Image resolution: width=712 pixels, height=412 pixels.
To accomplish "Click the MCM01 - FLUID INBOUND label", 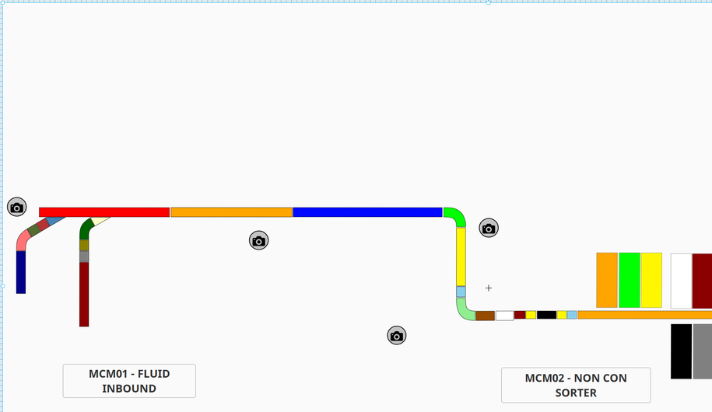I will tap(129, 381).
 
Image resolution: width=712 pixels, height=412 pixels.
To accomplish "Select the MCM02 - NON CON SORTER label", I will tap(576, 385).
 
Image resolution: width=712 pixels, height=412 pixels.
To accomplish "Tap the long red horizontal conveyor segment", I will tap(104, 212).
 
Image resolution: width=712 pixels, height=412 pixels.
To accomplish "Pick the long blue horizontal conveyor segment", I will tap(367, 212).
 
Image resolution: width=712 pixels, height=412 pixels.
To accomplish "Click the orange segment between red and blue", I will tap(231, 212).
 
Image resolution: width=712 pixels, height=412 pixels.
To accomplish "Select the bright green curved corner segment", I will tap(457, 215).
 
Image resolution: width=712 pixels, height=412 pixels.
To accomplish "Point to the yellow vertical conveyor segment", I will tap(461, 256).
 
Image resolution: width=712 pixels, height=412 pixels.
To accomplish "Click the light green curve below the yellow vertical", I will tap(465, 310).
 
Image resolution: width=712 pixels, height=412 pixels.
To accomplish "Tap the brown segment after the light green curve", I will tap(485, 316).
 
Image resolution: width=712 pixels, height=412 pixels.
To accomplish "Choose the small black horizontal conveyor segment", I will tap(546, 315).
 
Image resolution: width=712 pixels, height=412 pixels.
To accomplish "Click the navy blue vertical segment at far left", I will tap(21, 272).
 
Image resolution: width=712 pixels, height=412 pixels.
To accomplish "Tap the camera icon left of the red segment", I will tap(17, 207).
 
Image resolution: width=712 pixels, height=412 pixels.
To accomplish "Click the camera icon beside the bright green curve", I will tap(489, 228).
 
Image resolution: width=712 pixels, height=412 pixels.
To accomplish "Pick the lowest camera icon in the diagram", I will tap(397, 336).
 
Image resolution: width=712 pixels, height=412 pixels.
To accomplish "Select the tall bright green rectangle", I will tap(629, 280).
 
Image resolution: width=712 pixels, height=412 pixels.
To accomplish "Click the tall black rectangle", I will tap(681, 351).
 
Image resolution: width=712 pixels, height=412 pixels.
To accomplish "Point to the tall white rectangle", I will tap(681, 281).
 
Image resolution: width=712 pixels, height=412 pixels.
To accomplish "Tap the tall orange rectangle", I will tap(607, 280).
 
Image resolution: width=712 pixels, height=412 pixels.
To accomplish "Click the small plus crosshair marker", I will tap(489, 288).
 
